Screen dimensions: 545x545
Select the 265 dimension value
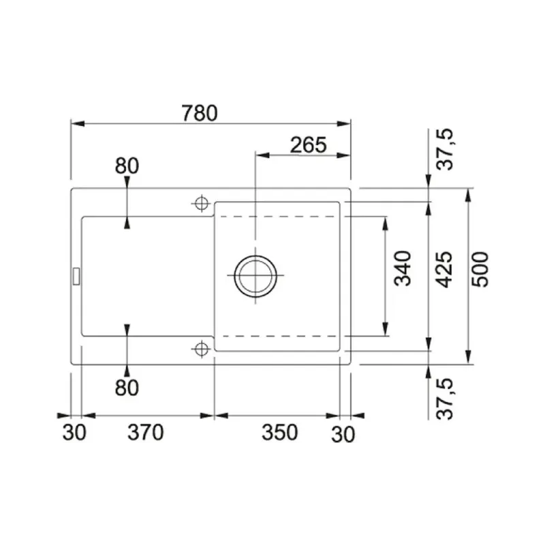[308, 144]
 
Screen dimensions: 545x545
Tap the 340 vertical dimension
[403, 268]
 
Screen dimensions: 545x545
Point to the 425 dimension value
[443, 269]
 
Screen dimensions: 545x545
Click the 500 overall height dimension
[481, 269]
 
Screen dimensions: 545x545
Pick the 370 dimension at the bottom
[145, 432]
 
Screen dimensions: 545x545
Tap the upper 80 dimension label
[127, 166]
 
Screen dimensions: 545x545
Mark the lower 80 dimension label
[127, 387]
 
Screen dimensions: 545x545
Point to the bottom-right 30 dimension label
[345, 432]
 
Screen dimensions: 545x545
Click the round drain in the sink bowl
[255, 276]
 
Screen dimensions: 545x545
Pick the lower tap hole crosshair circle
[200, 349]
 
